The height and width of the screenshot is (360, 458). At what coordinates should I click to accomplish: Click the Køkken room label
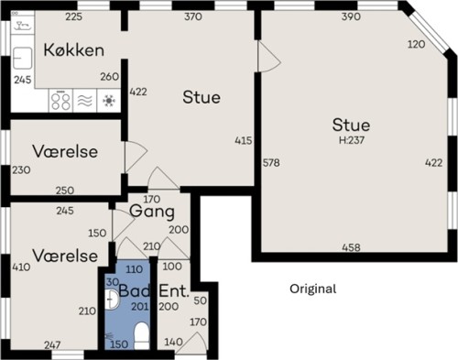(74, 49)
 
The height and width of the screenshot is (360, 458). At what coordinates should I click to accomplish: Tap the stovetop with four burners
(60, 101)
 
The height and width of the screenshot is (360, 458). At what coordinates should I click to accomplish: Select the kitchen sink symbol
(23, 58)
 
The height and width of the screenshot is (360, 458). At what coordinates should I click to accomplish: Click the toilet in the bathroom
(141, 336)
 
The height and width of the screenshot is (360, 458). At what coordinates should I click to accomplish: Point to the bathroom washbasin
(111, 300)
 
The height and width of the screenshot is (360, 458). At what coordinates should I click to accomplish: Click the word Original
(313, 289)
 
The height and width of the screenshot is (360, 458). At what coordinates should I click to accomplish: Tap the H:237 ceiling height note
(352, 140)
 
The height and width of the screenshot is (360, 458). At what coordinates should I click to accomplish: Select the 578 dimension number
(271, 163)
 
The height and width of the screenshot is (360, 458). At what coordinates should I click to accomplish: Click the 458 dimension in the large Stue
(352, 247)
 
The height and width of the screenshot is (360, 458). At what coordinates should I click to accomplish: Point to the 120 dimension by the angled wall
(417, 44)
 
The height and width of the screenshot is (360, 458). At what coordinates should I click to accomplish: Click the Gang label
(152, 212)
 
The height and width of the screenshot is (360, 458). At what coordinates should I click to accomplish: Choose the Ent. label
(174, 290)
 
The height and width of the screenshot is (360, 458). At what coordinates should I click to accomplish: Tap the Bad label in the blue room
(135, 290)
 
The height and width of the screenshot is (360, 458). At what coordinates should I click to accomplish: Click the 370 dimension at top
(193, 16)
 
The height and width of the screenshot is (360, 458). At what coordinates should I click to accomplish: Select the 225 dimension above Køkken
(74, 16)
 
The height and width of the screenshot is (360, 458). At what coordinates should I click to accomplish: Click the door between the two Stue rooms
(268, 57)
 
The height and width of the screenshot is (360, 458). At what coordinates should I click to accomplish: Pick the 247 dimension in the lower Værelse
(52, 345)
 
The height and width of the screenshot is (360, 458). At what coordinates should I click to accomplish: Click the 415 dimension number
(244, 140)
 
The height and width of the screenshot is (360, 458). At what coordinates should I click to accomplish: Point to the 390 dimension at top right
(351, 16)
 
